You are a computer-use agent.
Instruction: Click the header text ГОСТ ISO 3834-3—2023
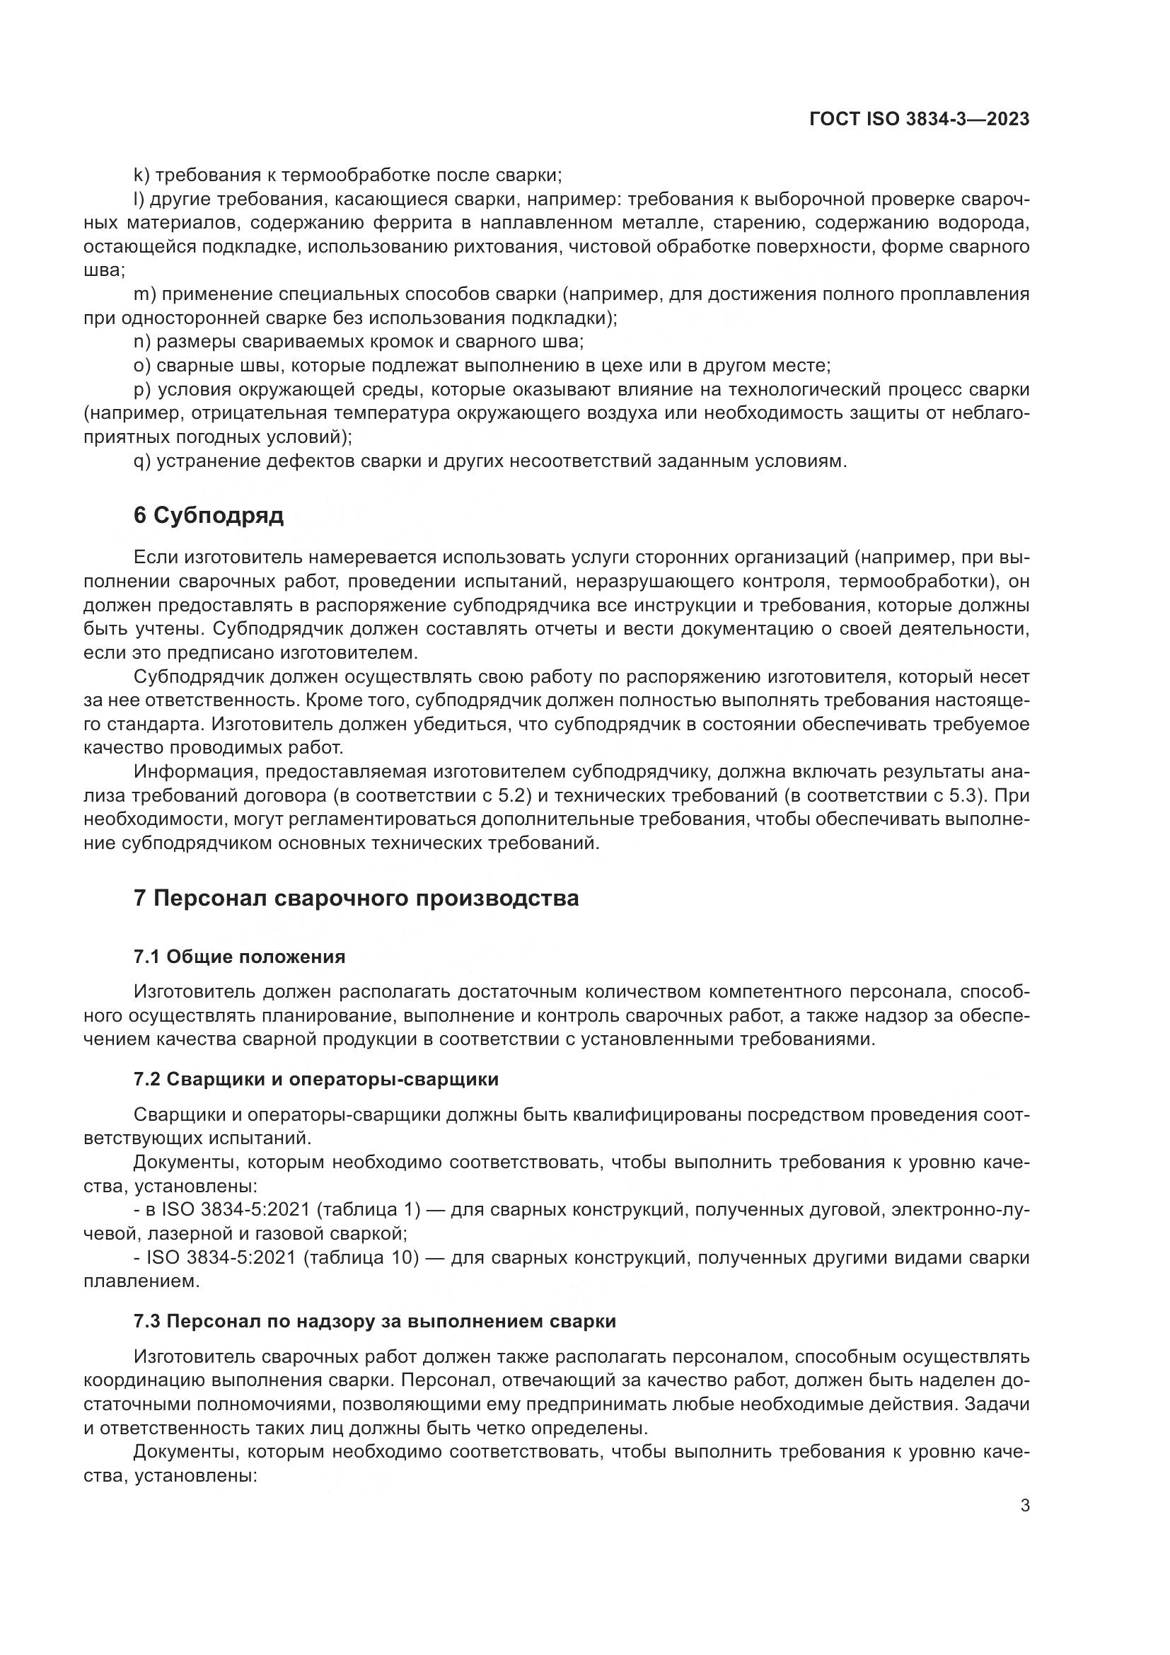[919, 120]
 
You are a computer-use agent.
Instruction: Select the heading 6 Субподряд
[208, 516]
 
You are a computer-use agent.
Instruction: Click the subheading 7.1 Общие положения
[239, 957]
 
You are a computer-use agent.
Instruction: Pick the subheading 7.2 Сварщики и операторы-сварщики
[315, 1079]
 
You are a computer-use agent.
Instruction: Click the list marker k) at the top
[141, 175]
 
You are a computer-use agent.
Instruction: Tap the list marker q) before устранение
[142, 461]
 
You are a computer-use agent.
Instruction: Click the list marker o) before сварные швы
[141, 365]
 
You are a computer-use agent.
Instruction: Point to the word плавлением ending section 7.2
[139, 1281]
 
